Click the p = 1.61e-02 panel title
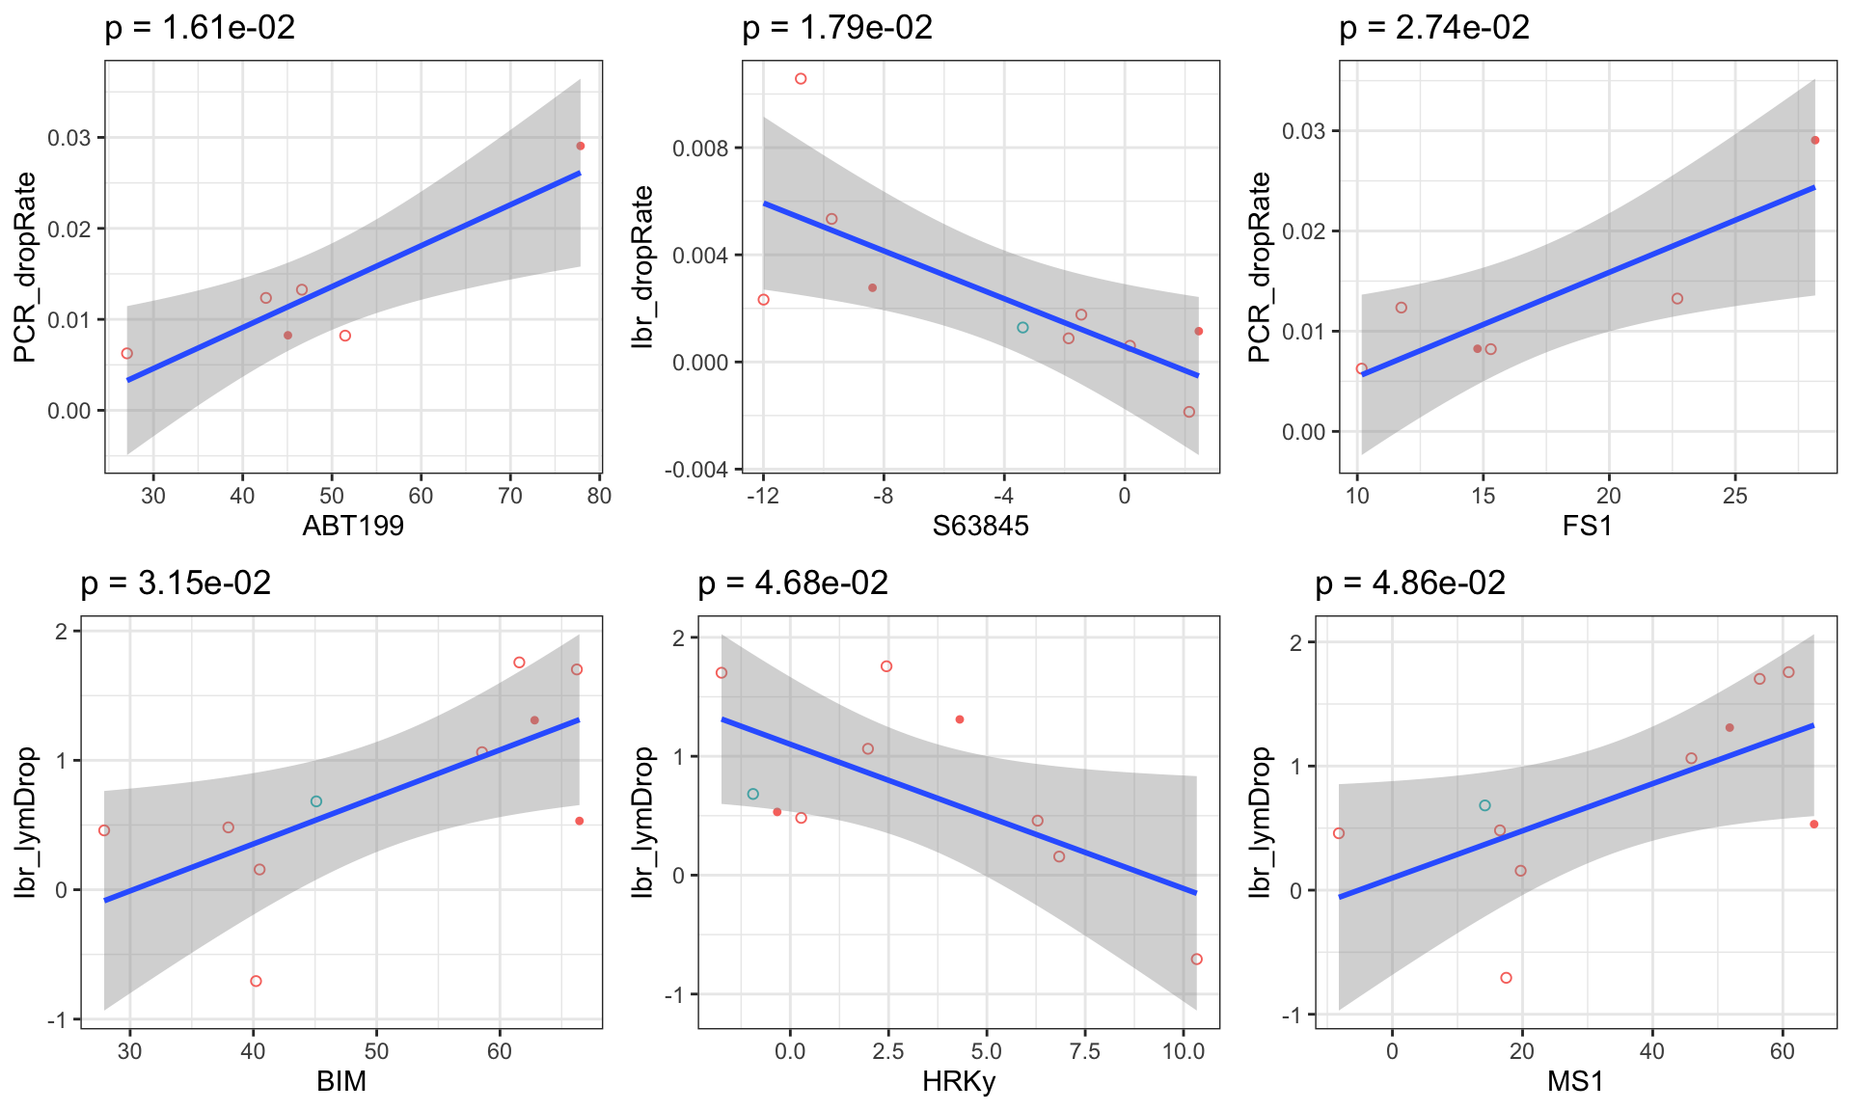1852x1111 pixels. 200,28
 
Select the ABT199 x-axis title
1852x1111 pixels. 353,526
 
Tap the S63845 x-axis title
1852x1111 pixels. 980,526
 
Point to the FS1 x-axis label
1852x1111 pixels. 1587,526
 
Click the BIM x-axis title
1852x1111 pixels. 341,1081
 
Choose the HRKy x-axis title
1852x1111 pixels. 959,1081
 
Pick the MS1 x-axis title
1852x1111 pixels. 1575,1081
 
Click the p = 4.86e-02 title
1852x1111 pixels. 1410,583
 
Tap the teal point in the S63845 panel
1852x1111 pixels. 1022,328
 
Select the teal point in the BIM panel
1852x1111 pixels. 316,801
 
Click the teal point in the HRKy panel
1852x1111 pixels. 753,794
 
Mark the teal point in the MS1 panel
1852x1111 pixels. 1485,805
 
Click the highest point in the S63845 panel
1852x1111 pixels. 801,79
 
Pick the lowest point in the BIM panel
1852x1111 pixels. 256,981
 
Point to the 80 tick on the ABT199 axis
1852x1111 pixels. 599,496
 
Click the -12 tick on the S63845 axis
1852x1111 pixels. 762,496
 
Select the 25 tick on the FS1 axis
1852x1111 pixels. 1734,496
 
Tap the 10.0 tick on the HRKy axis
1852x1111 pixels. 1184,1051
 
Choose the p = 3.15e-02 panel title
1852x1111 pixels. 176,583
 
